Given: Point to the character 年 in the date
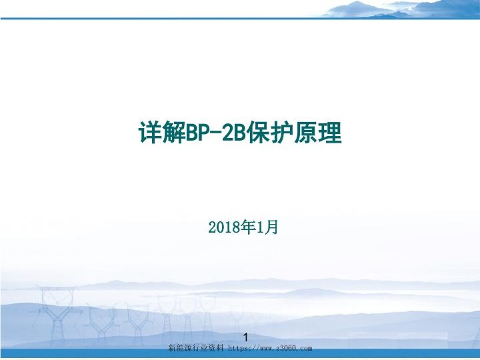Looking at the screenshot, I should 249,228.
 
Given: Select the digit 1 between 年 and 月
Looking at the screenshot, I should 261,228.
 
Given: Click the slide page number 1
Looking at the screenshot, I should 246,337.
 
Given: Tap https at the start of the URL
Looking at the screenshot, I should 238,348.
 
